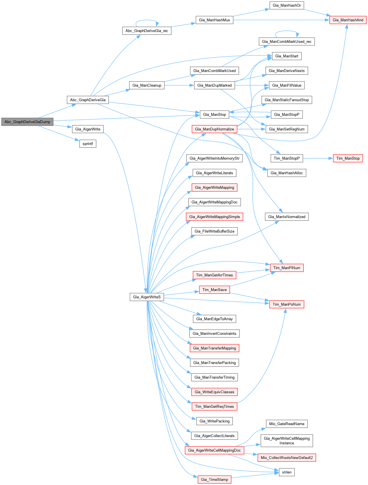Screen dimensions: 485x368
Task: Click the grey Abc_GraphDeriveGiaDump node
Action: click(27, 122)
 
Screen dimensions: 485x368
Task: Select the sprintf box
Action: click(88, 144)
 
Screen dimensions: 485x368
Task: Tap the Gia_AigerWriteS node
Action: click(147, 297)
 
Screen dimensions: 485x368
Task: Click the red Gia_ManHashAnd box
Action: click(348, 20)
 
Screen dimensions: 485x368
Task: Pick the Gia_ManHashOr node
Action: click(286, 5)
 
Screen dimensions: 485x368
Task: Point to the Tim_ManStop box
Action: click(348, 158)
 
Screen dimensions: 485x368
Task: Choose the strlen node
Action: click(286, 472)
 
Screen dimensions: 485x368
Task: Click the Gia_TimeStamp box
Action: click(214, 480)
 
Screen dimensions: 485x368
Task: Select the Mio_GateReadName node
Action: click(286, 424)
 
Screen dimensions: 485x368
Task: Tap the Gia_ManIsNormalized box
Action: click(286, 217)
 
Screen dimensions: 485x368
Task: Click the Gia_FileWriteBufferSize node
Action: click(214, 231)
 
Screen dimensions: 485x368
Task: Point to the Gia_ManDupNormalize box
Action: click(214, 129)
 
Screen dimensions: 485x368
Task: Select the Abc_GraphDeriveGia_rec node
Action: click(147, 31)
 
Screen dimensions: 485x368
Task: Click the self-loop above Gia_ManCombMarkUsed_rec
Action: click(287, 31)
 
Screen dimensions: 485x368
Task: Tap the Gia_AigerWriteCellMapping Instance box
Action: click(286, 441)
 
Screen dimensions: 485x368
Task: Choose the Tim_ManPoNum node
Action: click(286, 304)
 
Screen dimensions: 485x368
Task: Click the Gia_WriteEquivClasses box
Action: click(214, 392)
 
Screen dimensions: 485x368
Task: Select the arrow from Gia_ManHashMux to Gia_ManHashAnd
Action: click(281, 20)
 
